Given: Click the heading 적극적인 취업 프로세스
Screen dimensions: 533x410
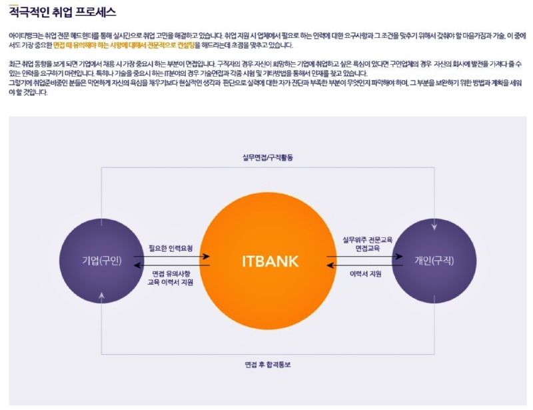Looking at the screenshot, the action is pos(63,12).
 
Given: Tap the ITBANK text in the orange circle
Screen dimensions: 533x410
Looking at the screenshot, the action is pos(270,261).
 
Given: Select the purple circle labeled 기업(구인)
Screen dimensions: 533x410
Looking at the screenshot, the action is pos(101,261).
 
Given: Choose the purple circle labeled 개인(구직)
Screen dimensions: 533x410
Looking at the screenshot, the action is pos(434,261).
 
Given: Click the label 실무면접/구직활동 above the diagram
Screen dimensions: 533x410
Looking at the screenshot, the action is pos(268,157).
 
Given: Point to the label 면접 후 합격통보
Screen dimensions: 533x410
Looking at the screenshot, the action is pos(268,365).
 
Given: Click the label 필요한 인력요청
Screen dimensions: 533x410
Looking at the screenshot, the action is pos(171,248).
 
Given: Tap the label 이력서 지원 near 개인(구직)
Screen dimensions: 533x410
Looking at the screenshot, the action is pos(365,273).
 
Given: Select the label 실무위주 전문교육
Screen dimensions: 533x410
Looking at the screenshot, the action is pos(368,239).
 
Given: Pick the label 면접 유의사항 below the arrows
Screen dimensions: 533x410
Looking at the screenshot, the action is pos(171,273).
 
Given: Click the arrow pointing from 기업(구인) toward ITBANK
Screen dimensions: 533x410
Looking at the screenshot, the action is pos(172,256).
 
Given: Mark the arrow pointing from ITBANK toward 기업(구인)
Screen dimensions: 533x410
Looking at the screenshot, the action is pos(172,265).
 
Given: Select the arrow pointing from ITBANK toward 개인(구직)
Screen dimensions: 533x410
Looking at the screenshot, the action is pos(364,256).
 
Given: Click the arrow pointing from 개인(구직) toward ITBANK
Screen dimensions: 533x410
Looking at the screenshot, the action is pos(364,265).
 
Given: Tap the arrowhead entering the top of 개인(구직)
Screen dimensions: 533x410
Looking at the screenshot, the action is pos(434,227).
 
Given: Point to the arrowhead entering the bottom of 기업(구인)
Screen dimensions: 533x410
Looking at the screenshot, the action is pos(101,295).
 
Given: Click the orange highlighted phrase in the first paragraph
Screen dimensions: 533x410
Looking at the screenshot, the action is pos(124,45).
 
